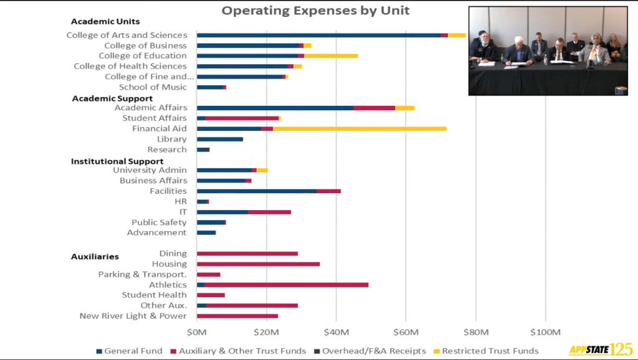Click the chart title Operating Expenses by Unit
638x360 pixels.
pos(316,11)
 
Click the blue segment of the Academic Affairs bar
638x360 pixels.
pos(275,108)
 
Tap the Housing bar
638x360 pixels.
pos(258,264)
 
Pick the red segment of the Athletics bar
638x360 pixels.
pos(286,285)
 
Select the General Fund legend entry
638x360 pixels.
pos(130,351)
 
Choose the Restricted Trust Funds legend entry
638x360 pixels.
pos(485,351)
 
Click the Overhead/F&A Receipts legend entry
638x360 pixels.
pos(369,351)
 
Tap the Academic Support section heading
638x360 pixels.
pos(112,98)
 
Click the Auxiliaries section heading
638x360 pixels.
pos(95,257)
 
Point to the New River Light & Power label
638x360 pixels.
pos(133,316)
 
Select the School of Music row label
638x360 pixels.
pos(153,87)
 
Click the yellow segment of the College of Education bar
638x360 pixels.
pos(331,56)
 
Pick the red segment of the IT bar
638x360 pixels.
pos(269,212)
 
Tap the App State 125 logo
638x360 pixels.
pos(600,349)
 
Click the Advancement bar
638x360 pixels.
pos(206,233)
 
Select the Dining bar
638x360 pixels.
pos(247,253)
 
